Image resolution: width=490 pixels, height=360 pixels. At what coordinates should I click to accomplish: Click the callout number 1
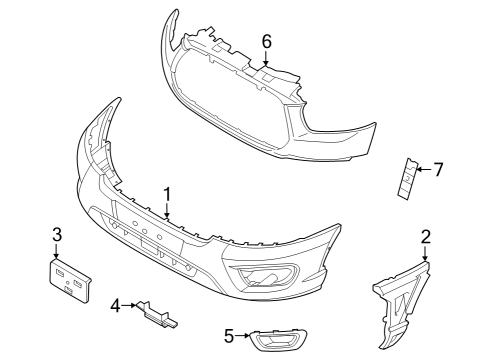coord(168,193)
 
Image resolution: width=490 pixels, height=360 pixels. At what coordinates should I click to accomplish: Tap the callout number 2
coord(426,236)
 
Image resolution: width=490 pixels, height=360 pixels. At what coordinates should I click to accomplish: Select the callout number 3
coord(57,234)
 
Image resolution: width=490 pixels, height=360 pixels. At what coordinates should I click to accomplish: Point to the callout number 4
coord(116,303)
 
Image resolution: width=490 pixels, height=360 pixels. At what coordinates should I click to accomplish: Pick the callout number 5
coord(228,336)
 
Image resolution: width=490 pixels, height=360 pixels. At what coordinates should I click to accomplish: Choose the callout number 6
coord(266,41)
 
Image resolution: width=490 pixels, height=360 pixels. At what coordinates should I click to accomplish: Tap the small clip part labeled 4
coord(159,313)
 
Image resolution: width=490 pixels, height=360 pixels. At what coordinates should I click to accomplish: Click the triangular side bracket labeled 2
coord(404,294)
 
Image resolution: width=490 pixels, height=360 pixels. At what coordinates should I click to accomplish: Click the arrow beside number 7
coord(422,169)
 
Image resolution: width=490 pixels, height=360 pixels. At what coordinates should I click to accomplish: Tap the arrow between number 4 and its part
coord(131,304)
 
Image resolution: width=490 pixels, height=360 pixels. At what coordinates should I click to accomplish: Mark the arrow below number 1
coord(168,209)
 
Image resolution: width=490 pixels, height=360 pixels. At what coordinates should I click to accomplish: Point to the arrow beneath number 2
coord(426,252)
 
